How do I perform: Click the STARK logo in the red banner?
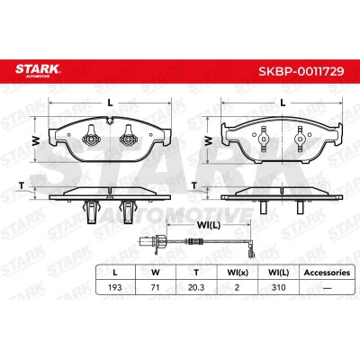pyautogui.click(x=38, y=70)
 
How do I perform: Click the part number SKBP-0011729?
pyautogui.click(x=301, y=71)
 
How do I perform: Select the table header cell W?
pyautogui.click(x=156, y=273)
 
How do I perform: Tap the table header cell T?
pyautogui.click(x=196, y=273)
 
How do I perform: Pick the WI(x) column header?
pyautogui.click(x=238, y=273)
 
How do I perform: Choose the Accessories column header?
pyautogui.click(x=327, y=273)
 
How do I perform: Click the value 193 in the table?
pyautogui.click(x=115, y=287)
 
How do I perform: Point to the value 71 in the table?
pyautogui.click(x=155, y=287)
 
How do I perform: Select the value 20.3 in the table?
pyautogui.click(x=196, y=287)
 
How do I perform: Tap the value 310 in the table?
pyautogui.click(x=278, y=287)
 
